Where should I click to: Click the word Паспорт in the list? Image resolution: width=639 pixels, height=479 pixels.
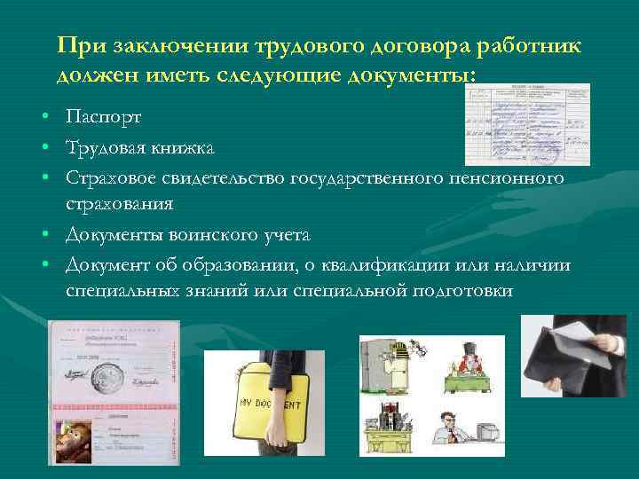point(103,117)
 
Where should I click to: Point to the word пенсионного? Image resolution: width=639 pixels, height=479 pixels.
point(514,178)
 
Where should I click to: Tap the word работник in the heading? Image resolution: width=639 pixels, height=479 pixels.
point(533,45)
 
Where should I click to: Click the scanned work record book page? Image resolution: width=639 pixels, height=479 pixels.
point(527,124)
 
